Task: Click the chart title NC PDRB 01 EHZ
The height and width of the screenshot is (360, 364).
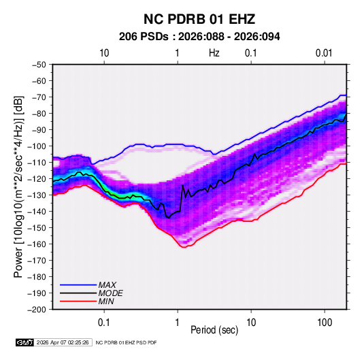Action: click(199, 19)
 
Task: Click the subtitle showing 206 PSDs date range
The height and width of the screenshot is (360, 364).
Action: click(199, 37)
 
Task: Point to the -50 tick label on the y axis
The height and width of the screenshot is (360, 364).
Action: click(39, 65)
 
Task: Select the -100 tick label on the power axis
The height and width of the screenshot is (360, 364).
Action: click(37, 146)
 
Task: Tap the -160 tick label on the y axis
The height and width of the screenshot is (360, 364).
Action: click(37, 244)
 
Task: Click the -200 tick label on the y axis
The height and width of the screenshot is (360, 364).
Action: click(37, 310)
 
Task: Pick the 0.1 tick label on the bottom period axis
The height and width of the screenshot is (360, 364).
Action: click(104, 323)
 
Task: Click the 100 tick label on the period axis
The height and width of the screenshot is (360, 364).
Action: click(325, 323)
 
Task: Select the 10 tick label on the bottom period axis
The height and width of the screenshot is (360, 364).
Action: click(251, 323)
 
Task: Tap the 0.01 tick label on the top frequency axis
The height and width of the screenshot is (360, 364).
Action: click(324, 53)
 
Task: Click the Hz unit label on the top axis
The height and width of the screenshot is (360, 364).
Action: click(214, 53)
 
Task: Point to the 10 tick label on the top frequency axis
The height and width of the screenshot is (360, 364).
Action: click(104, 53)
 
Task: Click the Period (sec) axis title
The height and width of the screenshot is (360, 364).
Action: click(214, 330)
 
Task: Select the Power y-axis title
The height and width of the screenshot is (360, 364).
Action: click(18, 187)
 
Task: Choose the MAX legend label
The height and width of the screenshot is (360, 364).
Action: click(107, 285)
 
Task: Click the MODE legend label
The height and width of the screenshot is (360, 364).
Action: click(110, 293)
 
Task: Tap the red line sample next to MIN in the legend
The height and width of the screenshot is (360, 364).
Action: click(78, 301)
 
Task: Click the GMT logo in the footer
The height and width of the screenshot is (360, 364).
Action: click(25, 342)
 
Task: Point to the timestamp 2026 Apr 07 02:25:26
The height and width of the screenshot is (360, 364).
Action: click(63, 342)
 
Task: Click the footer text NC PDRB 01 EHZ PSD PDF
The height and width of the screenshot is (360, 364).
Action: click(126, 342)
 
